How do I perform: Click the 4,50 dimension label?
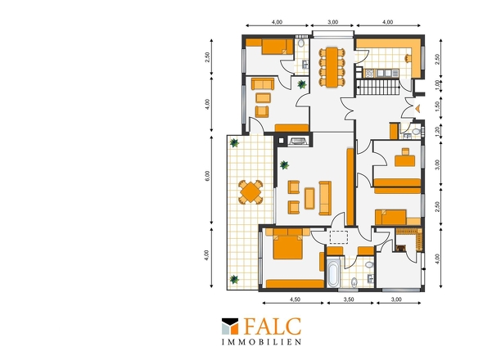[x=295, y=299]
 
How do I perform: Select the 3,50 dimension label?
[x=349, y=299]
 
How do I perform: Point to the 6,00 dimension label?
[x=207, y=176]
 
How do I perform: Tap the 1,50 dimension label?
[x=437, y=106]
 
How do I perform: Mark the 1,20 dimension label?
[x=437, y=132]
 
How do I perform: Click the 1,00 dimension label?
[x=437, y=84]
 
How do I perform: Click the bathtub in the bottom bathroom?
[x=333, y=272]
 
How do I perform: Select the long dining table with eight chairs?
[x=332, y=67]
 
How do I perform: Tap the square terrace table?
[x=251, y=191]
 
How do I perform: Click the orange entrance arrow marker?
[x=418, y=108]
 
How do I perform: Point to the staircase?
[x=378, y=87]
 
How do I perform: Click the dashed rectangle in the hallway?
[x=339, y=237]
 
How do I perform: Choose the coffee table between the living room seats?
[x=309, y=199]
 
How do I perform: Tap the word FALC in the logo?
[x=273, y=326]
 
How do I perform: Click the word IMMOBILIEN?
[x=261, y=342]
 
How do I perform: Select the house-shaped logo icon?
[x=230, y=326]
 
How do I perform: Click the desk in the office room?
[x=405, y=160]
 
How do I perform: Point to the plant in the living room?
[x=284, y=165]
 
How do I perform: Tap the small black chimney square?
[x=281, y=141]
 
